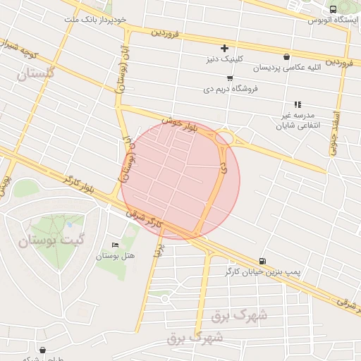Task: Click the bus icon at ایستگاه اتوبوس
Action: pos(334,8)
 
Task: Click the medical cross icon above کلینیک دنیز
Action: pos(225,48)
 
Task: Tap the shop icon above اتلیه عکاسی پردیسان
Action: pos(286,56)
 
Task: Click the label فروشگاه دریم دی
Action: pos(231,89)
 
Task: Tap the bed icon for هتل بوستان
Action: pos(116,245)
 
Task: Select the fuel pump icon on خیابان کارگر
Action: pos(263,260)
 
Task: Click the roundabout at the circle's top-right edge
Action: pos(225,137)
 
